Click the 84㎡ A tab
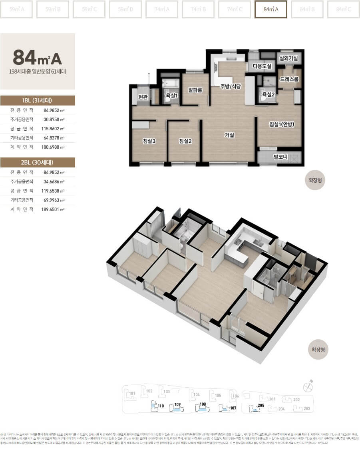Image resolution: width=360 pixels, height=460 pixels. [270, 10]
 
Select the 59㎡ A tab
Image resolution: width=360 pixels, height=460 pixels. [16, 10]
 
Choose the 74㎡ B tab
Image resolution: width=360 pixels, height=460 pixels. [198, 10]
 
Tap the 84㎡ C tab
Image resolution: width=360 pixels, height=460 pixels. [343, 10]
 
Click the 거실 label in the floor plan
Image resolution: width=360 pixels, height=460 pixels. [229, 135]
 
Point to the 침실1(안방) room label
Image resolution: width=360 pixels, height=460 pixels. [281, 124]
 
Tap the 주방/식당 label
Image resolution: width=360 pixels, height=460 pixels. [231, 86]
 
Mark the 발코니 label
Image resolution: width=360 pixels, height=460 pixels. [280, 157]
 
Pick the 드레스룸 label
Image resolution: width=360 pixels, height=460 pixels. [289, 79]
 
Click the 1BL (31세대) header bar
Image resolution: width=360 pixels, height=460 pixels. [38, 101]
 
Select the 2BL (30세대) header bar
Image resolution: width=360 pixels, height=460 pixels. [38, 162]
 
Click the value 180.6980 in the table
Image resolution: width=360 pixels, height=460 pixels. [53, 147]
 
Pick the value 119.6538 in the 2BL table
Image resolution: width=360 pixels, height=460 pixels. [53, 191]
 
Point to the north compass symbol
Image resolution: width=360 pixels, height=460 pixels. [308, 386]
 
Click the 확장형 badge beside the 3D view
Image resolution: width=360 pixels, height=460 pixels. [320, 350]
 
